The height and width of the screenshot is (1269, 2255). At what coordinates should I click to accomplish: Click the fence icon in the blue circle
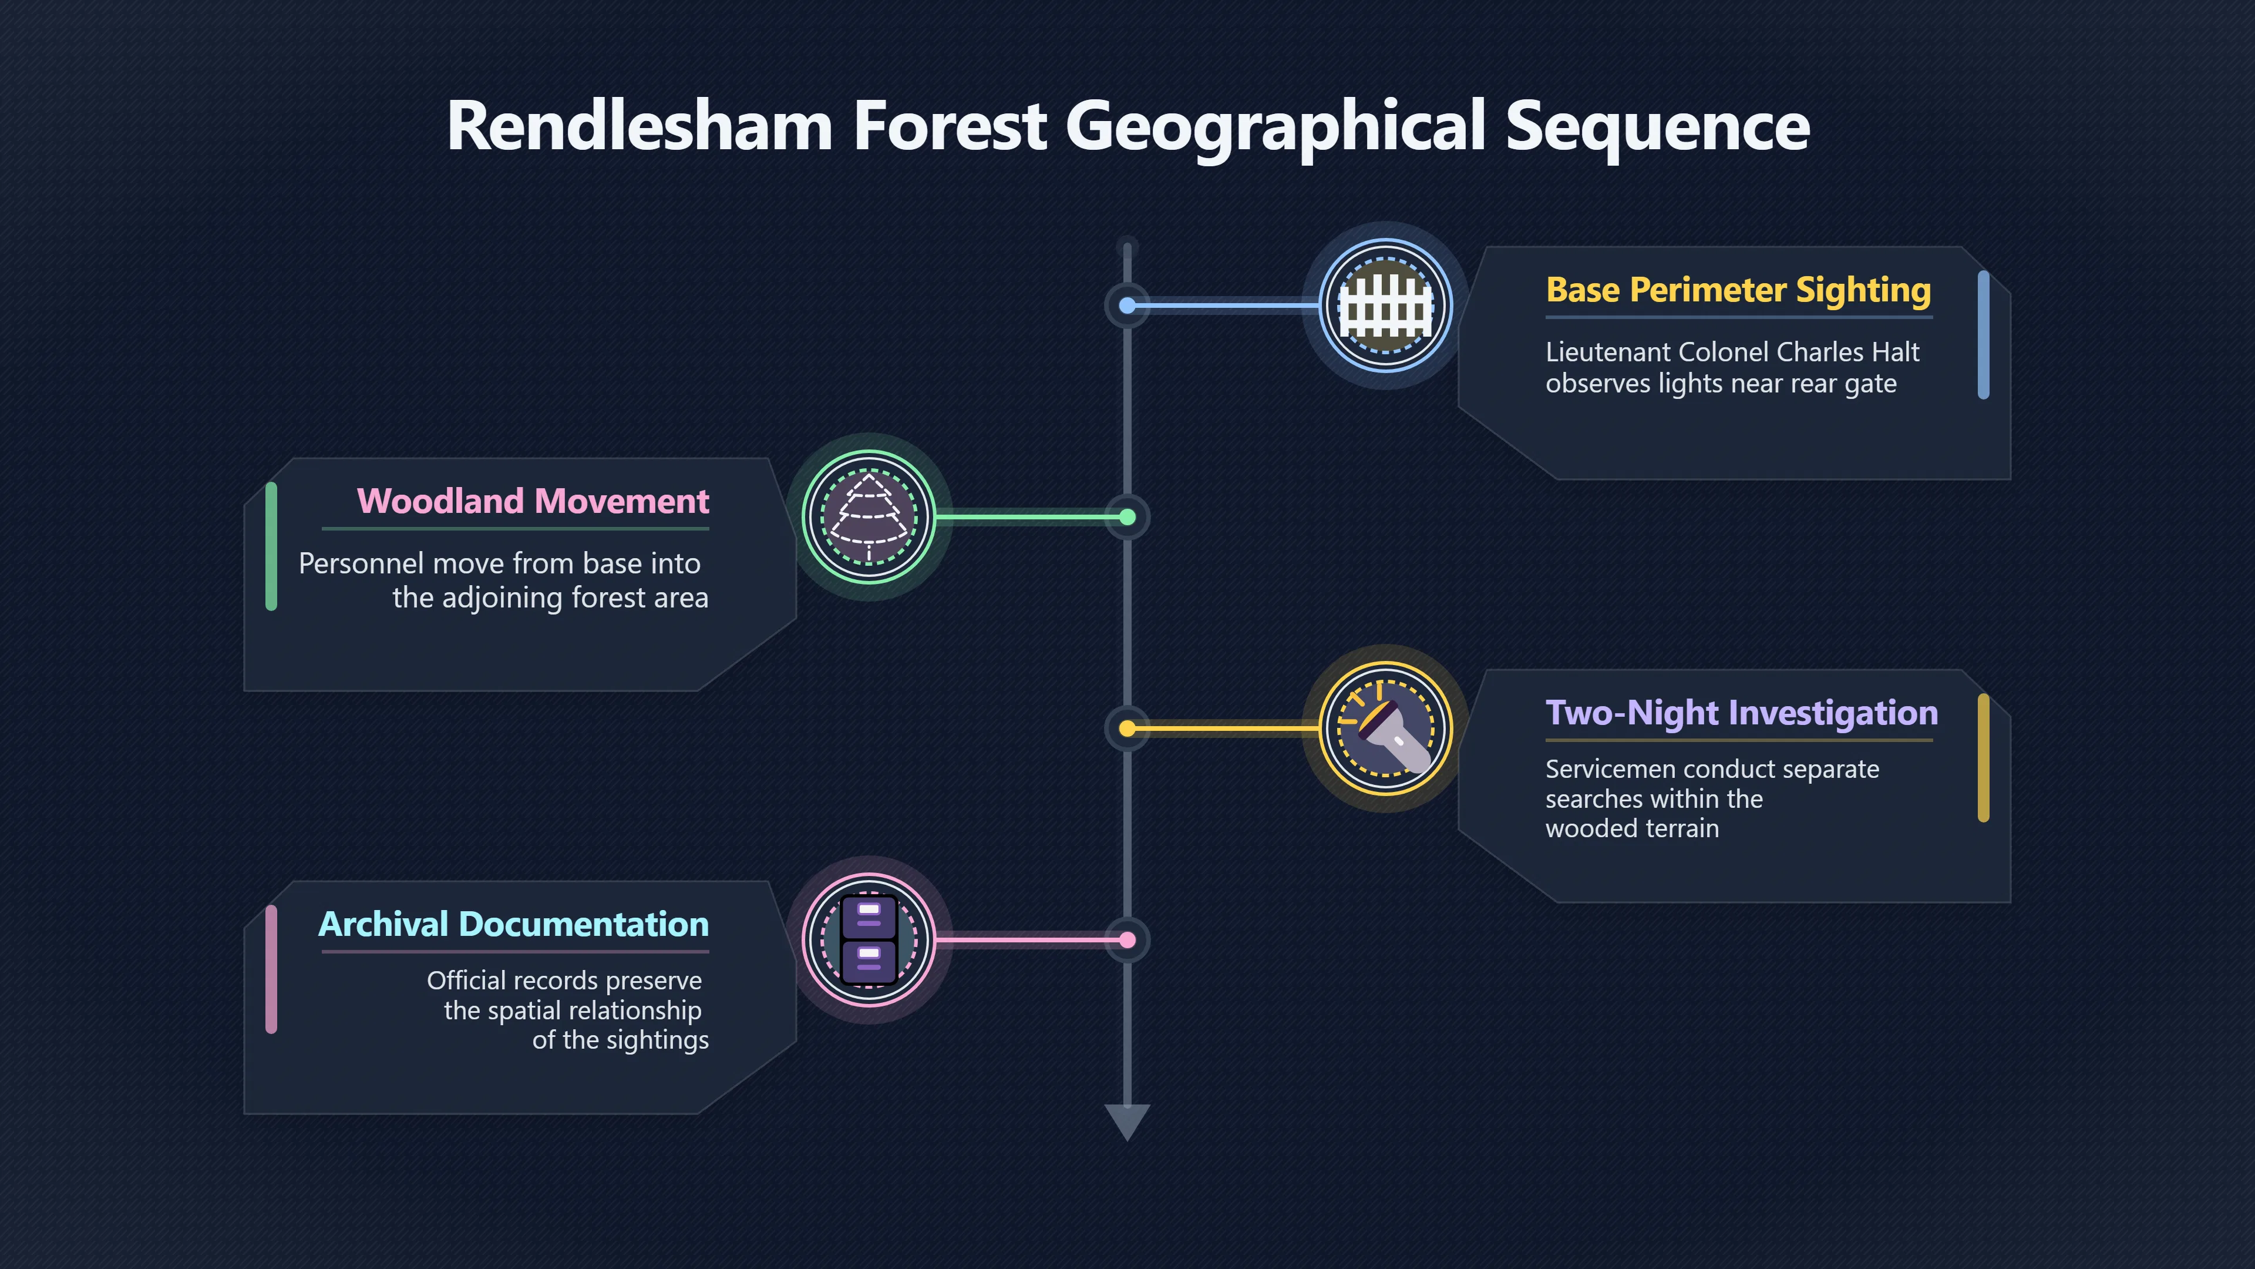pos(1386,305)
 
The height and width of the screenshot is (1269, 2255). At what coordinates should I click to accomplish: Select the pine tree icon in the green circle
pos(869,517)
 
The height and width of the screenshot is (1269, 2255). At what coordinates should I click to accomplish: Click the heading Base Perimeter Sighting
pos(1738,290)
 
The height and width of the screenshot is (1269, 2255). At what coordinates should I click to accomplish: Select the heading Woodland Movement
pos(533,501)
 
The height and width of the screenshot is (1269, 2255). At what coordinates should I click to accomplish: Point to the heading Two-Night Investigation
pos(1742,713)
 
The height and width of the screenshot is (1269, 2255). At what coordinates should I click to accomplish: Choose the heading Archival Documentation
pos(514,924)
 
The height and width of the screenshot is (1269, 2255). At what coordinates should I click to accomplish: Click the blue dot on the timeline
pos(1127,305)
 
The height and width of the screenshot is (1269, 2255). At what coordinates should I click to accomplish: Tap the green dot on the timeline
pos(1127,518)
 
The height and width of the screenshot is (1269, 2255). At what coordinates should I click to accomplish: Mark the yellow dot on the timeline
pos(1127,728)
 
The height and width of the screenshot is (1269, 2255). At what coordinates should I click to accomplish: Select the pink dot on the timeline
pos(1127,941)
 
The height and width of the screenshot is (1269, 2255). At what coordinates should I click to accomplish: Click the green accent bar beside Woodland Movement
pos(271,546)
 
